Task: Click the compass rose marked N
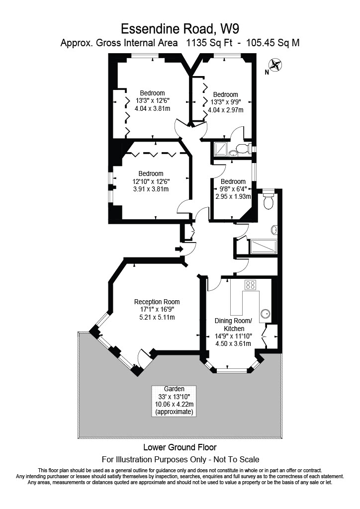274,65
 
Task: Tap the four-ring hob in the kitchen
250,285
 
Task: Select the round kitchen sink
266,314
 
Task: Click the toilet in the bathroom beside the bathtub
268,201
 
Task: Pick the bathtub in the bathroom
264,247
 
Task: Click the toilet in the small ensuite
243,148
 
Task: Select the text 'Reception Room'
157,302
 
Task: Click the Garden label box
174,401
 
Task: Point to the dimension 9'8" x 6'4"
233,189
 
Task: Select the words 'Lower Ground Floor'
180,447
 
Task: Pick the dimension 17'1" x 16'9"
157,310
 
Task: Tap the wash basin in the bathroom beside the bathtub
275,230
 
